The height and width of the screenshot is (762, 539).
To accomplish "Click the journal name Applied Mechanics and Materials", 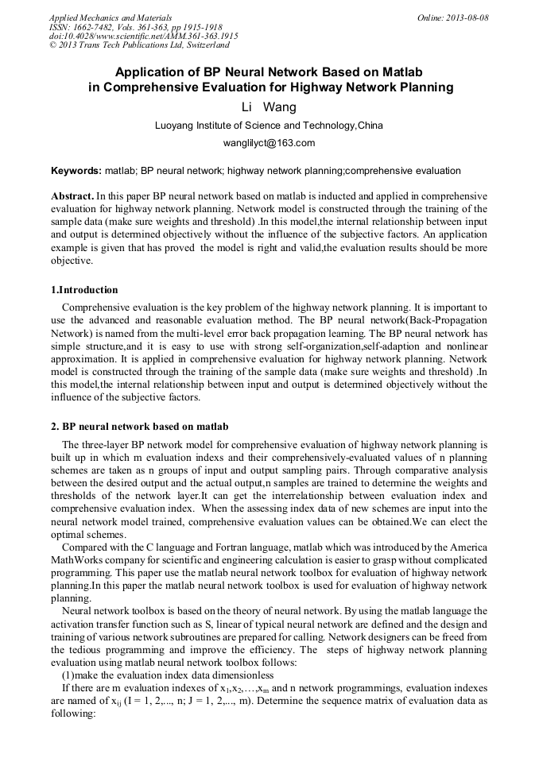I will (111, 17).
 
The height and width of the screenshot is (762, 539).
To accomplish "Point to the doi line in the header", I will (143, 36).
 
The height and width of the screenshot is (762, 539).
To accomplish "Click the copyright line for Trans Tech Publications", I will (139, 45).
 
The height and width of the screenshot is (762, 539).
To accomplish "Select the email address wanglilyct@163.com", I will (269, 143).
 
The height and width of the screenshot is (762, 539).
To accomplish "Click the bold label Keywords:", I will (76, 171).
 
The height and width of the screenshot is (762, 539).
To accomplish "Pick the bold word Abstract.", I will (72, 195).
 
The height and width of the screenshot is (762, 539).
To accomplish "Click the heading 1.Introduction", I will (84, 289).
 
